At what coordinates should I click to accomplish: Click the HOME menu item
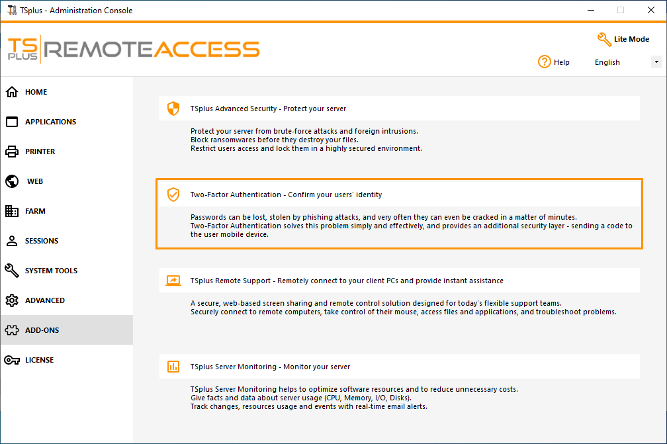[x=36, y=92]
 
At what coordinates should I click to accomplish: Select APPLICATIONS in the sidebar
[x=50, y=122]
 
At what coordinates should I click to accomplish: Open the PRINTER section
[x=40, y=152]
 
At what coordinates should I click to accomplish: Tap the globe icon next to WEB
[x=12, y=181]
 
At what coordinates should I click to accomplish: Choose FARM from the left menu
[x=35, y=211]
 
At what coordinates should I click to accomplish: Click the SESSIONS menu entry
[x=41, y=241]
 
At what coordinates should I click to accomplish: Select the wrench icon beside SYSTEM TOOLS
[x=12, y=271]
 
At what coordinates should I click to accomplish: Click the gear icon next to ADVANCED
[x=12, y=300]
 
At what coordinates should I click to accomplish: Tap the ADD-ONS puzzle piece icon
[x=12, y=330]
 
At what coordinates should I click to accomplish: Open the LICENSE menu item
[x=39, y=360]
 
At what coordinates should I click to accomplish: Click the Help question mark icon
[x=545, y=62]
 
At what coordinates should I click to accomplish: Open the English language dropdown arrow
[x=656, y=62]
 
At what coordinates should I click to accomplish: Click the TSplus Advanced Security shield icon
[x=173, y=109]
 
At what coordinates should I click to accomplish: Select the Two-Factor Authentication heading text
[x=286, y=195]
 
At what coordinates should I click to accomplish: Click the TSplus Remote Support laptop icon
[x=173, y=281]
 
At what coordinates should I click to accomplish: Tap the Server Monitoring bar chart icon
[x=173, y=366]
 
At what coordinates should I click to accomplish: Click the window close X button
[x=650, y=10]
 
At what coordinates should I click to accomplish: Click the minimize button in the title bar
[x=590, y=10]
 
